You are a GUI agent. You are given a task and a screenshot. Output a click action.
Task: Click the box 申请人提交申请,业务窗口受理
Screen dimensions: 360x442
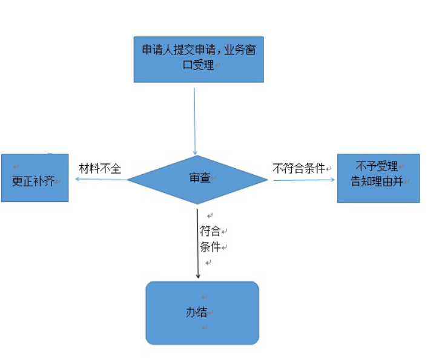click(x=199, y=59)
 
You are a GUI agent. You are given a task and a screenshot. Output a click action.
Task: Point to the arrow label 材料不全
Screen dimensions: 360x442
click(x=101, y=168)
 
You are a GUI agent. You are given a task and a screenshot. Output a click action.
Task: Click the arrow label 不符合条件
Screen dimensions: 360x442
click(x=299, y=168)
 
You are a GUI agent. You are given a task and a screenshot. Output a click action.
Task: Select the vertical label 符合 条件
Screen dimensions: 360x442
click(x=211, y=239)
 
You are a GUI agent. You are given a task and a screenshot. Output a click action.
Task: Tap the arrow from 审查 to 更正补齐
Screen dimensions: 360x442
click(x=100, y=179)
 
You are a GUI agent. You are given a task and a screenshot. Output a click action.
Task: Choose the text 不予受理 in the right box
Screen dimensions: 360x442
click(x=377, y=166)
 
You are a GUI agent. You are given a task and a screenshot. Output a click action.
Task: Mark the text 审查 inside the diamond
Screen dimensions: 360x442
click(x=199, y=178)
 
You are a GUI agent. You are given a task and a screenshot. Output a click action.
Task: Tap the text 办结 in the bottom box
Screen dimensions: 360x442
click(x=196, y=312)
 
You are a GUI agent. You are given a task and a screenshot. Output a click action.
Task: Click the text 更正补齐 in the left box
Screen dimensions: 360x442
click(x=33, y=180)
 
